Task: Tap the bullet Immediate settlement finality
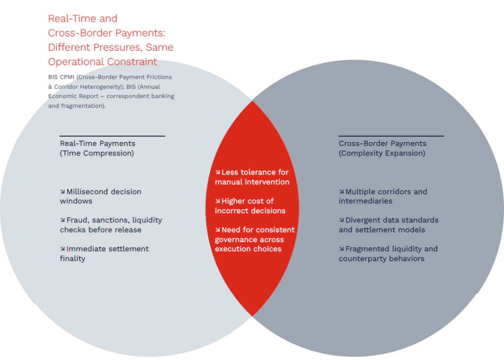104,254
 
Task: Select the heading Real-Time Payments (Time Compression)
97,148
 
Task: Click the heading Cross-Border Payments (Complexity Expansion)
382,148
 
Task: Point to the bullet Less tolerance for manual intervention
252,177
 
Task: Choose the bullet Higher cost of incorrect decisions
250,206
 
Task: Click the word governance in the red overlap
234,240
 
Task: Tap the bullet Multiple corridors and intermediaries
383,196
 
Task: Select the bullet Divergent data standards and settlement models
388,225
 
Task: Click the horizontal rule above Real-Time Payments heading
112,136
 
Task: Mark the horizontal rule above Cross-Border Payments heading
391,136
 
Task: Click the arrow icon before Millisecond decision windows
63,192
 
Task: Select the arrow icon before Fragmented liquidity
342,249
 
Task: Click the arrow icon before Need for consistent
218,230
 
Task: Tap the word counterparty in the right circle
363,259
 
